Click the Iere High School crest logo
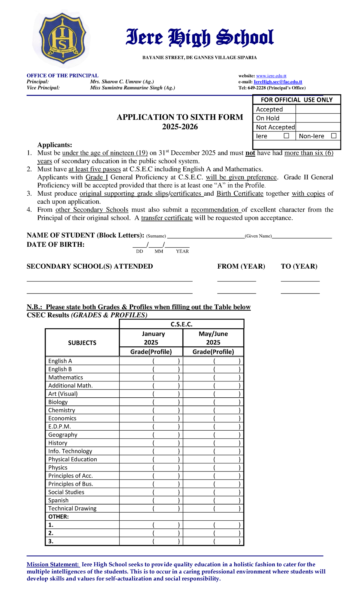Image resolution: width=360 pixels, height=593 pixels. click(63, 39)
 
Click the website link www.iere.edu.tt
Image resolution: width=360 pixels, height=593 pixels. click(271, 76)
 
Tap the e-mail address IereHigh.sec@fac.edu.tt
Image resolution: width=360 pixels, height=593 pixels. click(278, 82)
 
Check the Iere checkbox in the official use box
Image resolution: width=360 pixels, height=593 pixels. click(286, 136)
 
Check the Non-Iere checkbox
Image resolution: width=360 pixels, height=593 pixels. click(334, 136)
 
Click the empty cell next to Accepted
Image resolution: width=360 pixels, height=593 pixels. click(318, 109)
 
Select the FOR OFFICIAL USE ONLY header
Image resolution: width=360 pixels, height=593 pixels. click(296, 100)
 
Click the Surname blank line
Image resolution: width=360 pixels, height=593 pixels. click(206, 236)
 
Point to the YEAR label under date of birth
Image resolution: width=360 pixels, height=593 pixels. click(182, 251)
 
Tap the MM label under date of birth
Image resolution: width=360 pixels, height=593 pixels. click(159, 251)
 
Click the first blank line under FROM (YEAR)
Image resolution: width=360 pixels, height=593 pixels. click(236, 280)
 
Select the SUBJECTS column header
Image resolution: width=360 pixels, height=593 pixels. click(82, 343)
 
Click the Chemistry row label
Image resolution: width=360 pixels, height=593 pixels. click(62, 410)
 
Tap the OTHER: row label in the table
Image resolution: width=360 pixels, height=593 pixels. click(58, 517)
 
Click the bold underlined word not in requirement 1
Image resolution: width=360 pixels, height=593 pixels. click(250, 153)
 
